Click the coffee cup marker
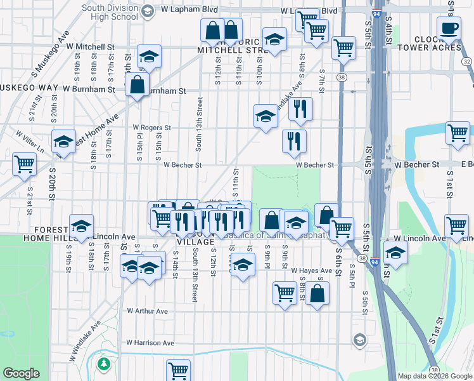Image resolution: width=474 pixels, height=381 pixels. (x=449, y=29)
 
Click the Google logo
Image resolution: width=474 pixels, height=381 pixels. (x=20, y=373)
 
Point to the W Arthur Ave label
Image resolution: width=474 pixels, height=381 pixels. (x=147, y=311)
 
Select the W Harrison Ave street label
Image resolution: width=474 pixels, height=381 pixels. (x=150, y=343)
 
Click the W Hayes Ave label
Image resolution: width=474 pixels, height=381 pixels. (x=312, y=271)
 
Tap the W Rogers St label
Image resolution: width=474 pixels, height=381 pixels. (x=151, y=128)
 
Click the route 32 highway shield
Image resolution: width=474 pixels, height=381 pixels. (x=466, y=62)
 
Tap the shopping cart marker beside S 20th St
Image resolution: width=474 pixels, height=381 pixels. (x=24, y=164)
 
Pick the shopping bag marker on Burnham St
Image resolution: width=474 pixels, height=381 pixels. (x=137, y=86)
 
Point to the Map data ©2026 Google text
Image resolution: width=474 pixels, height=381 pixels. (x=435, y=376)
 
